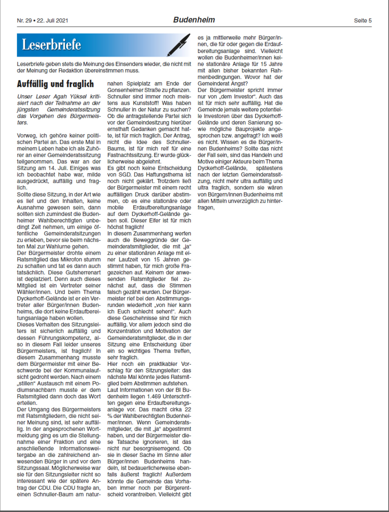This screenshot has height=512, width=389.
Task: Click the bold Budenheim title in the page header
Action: pos(194,20)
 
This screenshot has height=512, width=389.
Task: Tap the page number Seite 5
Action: pos(363,21)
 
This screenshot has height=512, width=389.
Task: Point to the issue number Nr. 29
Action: pos(24,21)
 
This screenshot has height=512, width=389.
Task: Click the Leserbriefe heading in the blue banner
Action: pos(52,45)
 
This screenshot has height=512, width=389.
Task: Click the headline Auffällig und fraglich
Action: pos(55,84)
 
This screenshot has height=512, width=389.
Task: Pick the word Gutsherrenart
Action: pos(83,273)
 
